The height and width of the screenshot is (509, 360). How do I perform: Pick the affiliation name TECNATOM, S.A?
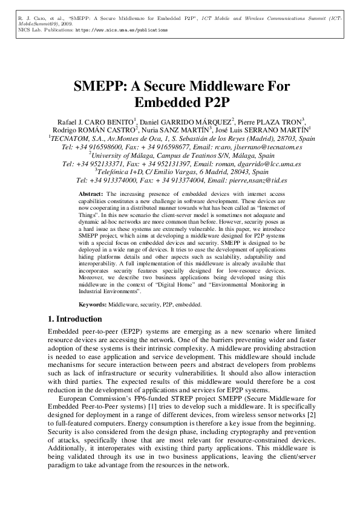(x=74, y=138)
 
